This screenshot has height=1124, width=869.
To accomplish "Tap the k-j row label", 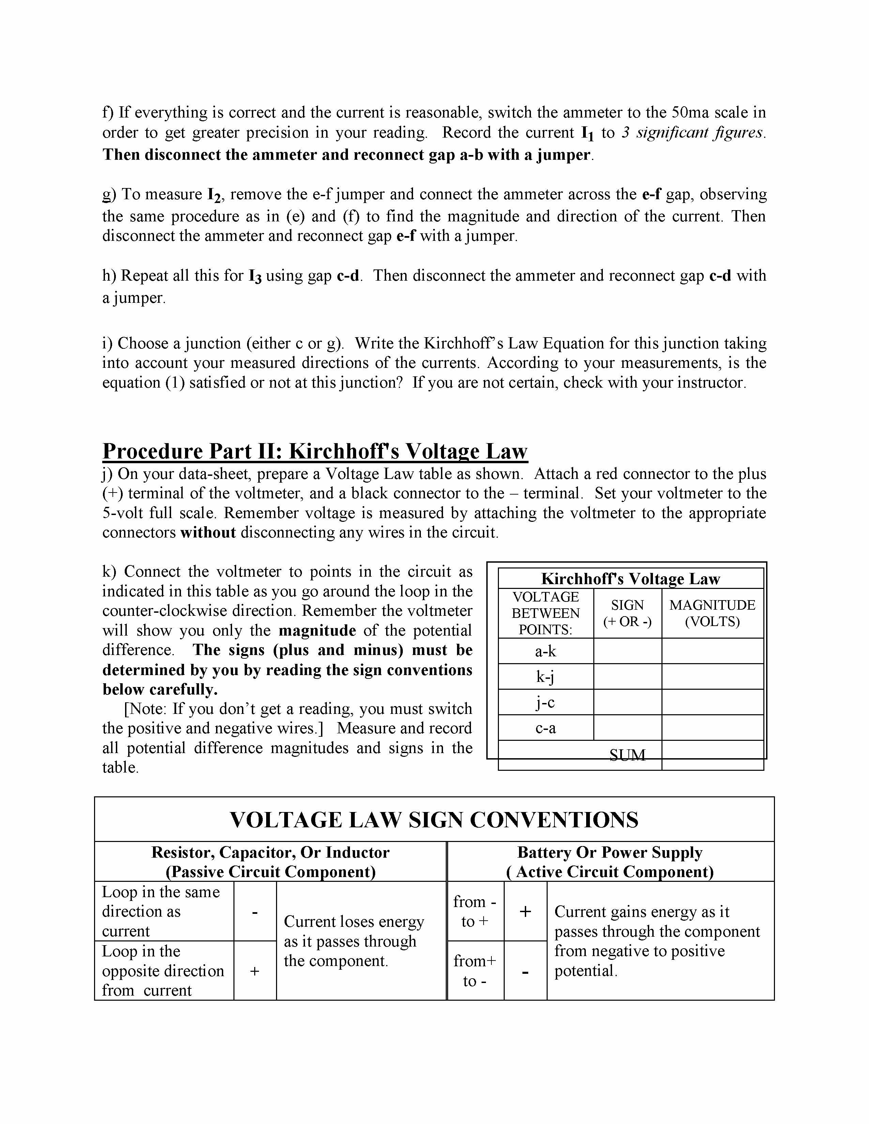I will (545, 677).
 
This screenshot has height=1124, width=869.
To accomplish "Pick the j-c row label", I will (545, 702).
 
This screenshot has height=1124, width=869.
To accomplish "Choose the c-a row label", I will (545, 728).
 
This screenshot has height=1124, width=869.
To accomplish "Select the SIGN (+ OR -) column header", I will (627, 613).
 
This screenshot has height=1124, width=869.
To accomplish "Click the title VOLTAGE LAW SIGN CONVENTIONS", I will (433, 820).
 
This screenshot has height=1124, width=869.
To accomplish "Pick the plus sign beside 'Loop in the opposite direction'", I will (254, 971).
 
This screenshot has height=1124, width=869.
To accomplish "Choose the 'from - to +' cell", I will (475, 911).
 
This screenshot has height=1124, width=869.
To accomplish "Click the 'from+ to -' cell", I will (475, 971).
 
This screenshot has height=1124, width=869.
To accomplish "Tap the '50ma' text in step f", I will (690, 112).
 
